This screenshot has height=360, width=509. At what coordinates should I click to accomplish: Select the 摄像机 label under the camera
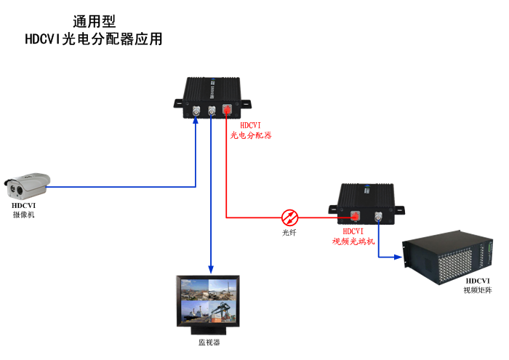click(x=23, y=215)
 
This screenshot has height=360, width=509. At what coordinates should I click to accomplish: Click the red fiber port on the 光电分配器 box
click(x=226, y=111)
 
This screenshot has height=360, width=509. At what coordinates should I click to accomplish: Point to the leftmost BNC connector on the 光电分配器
click(x=196, y=111)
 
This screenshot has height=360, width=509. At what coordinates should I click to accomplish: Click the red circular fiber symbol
click(x=289, y=216)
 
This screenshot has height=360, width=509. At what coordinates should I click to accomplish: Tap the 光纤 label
click(x=289, y=233)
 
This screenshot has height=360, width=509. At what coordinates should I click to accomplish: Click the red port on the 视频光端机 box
click(x=356, y=215)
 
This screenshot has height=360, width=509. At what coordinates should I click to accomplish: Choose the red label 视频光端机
click(x=353, y=240)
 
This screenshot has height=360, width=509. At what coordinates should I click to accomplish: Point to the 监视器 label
click(x=209, y=342)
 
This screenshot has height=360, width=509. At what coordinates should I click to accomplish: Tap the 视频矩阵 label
click(x=478, y=290)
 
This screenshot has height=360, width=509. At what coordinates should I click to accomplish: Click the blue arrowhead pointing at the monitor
click(x=211, y=271)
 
